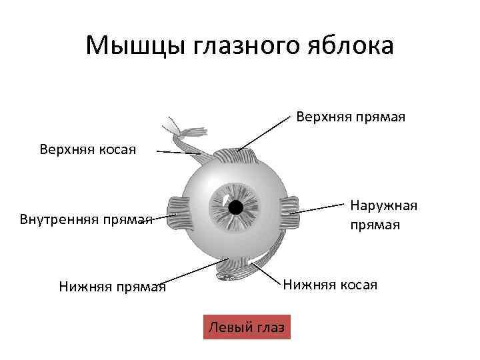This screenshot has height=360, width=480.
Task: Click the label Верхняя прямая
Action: click(351, 117)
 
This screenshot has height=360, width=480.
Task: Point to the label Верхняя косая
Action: click(87, 149)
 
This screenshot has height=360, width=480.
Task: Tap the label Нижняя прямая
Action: click(112, 287)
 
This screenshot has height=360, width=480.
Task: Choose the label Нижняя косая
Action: click(330, 285)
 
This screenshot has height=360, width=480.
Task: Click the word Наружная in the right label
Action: click(383, 206)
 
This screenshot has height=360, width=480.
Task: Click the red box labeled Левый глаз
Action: click(246, 327)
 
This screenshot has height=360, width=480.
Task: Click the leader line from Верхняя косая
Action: click(177, 153)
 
